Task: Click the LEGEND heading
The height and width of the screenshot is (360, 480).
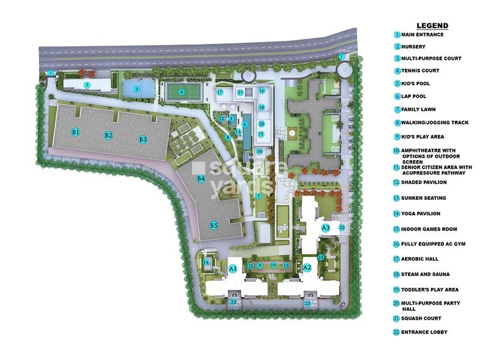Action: coord(432,26)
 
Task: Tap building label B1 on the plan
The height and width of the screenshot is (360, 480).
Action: coord(76,131)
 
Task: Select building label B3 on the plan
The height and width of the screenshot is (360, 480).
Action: coord(143,139)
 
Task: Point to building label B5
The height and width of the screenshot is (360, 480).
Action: coord(214,226)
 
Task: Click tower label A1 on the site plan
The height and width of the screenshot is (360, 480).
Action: coord(233,268)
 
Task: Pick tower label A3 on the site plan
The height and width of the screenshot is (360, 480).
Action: coord(326,228)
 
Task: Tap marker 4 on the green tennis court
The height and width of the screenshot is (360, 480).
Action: coord(182,92)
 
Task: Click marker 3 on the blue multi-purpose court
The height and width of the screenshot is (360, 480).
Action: coord(137,89)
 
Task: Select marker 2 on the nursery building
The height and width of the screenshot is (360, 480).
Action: coord(87,85)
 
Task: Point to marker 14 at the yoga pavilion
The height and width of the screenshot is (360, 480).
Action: coord(206,262)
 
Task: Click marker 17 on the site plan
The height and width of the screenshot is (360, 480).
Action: coord(220,92)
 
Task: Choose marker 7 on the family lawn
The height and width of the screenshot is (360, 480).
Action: coord(259,196)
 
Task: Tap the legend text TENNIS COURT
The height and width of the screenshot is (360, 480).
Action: coord(424,71)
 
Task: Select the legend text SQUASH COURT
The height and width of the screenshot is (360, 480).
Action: coord(424,318)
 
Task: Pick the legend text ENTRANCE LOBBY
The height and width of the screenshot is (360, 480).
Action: coord(424,332)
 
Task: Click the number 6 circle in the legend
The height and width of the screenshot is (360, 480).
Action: coord(397,97)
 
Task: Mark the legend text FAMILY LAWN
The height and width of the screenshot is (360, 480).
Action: coord(422,110)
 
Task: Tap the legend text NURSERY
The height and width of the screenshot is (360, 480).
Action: coord(415,47)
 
